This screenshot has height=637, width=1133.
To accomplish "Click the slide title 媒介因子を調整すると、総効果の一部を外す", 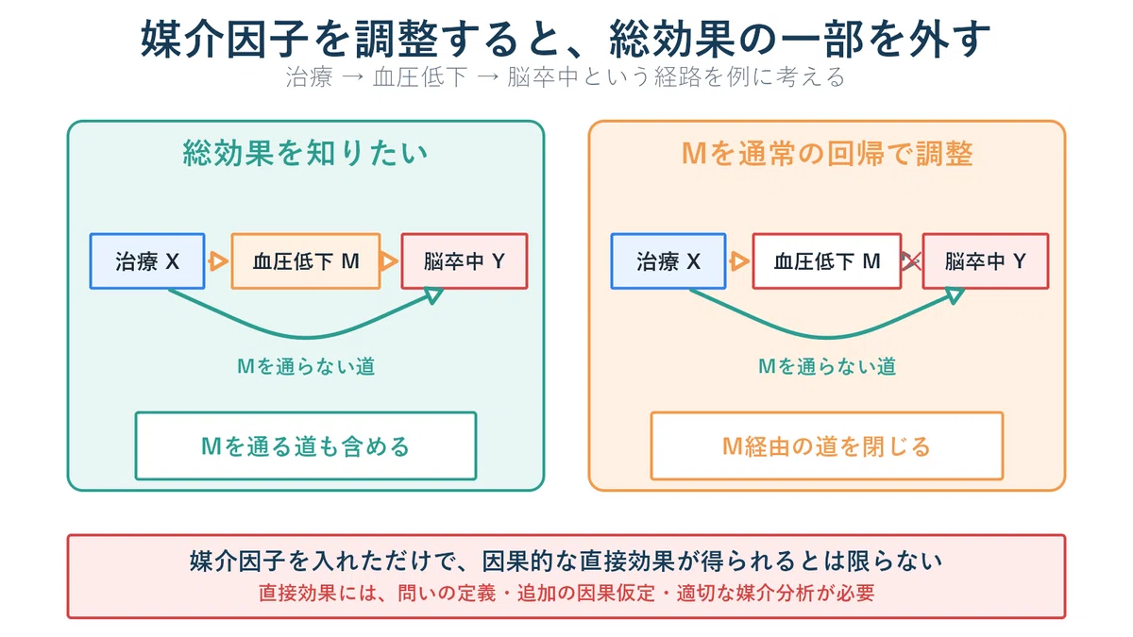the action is click(x=565, y=39).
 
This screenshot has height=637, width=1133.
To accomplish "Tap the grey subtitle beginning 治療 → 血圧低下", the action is click(x=565, y=77).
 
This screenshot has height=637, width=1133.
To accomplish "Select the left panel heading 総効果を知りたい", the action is click(x=306, y=153).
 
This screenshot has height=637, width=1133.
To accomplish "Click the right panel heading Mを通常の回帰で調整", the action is click(x=827, y=153).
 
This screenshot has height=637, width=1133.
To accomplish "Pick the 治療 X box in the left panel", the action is click(x=147, y=261).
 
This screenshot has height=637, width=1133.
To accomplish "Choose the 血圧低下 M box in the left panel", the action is click(x=306, y=261).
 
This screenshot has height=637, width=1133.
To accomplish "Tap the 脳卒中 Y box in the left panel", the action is click(x=465, y=261).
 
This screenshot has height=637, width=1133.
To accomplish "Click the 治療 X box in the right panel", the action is click(x=668, y=261).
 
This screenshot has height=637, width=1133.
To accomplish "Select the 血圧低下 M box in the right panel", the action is click(x=827, y=261).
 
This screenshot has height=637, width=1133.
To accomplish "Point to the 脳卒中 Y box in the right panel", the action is click(x=986, y=261).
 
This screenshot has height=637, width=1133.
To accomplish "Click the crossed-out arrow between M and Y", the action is click(x=911, y=261).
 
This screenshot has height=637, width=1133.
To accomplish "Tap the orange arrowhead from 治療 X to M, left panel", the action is click(x=218, y=261).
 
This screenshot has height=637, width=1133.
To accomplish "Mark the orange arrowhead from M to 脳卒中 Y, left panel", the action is click(x=388, y=261).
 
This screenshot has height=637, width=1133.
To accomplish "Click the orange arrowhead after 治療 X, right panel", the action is click(x=739, y=261).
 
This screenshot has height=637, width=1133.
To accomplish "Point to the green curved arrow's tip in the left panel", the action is click(x=443, y=289).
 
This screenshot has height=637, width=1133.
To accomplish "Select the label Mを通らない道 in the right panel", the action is click(x=827, y=366).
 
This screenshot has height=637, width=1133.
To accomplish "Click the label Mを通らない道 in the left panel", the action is click(x=306, y=366).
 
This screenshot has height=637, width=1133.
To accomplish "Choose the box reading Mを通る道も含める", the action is click(x=306, y=445).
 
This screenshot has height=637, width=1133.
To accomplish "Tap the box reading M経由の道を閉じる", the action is click(x=827, y=445).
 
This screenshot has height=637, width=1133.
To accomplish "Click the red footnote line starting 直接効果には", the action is click(x=566, y=593).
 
